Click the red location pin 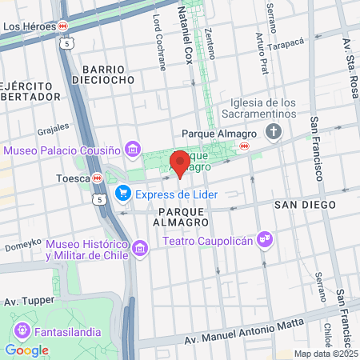[181, 162]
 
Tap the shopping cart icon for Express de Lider [122, 194]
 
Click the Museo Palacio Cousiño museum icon [133, 150]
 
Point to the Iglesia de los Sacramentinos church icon [275, 132]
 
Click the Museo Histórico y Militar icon [141, 249]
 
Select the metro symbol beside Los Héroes [62, 26]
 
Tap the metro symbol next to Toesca [97, 178]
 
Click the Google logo [26, 350]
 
